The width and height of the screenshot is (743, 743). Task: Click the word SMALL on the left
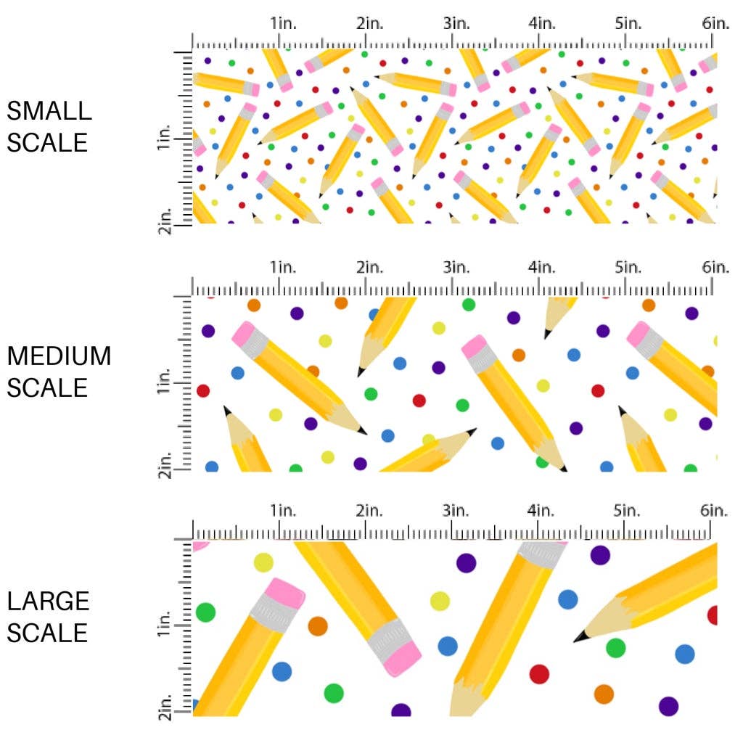[x=49, y=111]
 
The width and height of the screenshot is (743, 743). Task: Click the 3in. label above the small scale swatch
[x=456, y=23]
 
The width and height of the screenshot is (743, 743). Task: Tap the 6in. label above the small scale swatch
[x=715, y=23]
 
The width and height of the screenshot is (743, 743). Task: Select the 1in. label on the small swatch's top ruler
[x=284, y=23]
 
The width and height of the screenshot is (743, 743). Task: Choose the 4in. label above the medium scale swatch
[x=542, y=268]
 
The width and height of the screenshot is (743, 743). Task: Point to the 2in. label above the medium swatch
[x=369, y=268]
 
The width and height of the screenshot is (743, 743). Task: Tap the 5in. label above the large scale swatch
[x=628, y=511]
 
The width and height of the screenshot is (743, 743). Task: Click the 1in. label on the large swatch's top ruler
[x=284, y=511]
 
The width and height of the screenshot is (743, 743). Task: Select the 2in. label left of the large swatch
[x=165, y=707]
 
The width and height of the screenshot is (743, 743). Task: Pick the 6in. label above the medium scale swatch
[x=715, y=268]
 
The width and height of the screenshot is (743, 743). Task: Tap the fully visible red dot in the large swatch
[x=539, y=674]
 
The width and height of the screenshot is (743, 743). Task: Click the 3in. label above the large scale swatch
[x=456, y=511]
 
